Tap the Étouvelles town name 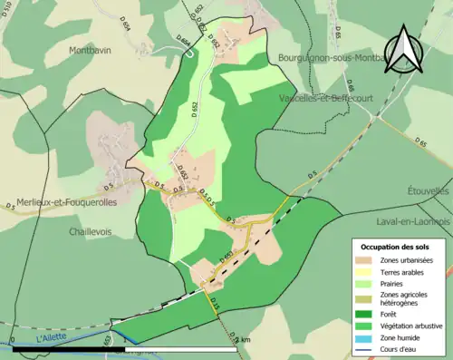click(x=429, y=191)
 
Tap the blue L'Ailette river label click(x=53, y=337)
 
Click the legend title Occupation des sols click(x=397, y=247)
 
